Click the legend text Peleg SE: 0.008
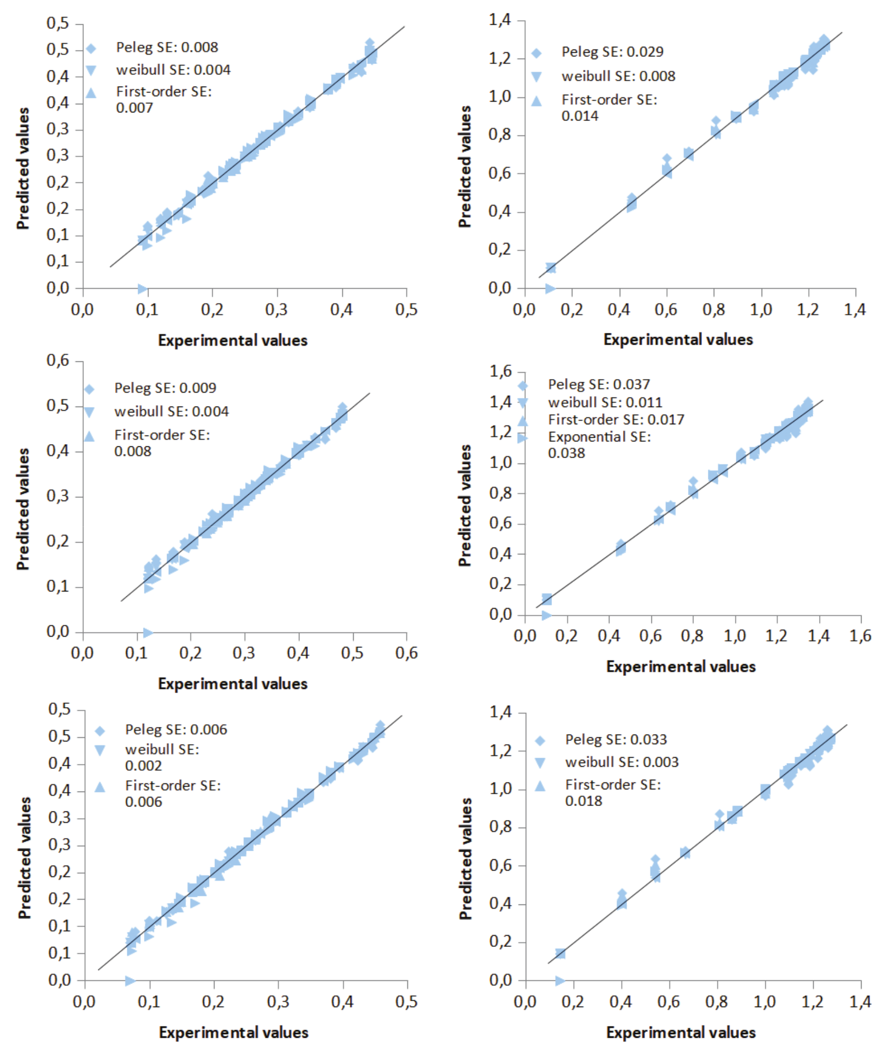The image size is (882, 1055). (x=167, y=47)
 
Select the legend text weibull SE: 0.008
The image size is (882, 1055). (x=618, y=76)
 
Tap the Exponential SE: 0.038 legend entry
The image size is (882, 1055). (x=599, y=445)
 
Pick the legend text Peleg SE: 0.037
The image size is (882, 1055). (x=599, y=384)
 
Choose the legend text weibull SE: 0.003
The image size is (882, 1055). (x=622, y=762)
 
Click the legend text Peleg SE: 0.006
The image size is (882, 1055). (x=176, y=730)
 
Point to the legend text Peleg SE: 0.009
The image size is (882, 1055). (x=165, y=388)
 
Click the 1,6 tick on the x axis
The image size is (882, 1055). (x=860, y=637)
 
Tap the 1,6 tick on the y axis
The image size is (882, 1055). (x=500, y=372)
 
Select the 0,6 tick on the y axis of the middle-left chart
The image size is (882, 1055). (x=58, y=361)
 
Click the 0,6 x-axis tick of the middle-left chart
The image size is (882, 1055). (x=406, y=653)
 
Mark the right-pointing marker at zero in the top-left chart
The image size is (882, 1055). (x=142, y=289)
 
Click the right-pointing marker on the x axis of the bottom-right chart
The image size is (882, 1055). (x=560, y=981)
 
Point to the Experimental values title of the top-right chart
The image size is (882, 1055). (x=678, y=340)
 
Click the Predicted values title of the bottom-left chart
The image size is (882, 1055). (x=24, y=858)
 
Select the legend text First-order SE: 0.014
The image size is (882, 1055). (x=609, y=108)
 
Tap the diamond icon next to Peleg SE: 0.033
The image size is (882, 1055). (x=540, y=741)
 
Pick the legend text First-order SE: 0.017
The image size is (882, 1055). (x=616, y=419)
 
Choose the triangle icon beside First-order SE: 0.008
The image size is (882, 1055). (x=89, y=436)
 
